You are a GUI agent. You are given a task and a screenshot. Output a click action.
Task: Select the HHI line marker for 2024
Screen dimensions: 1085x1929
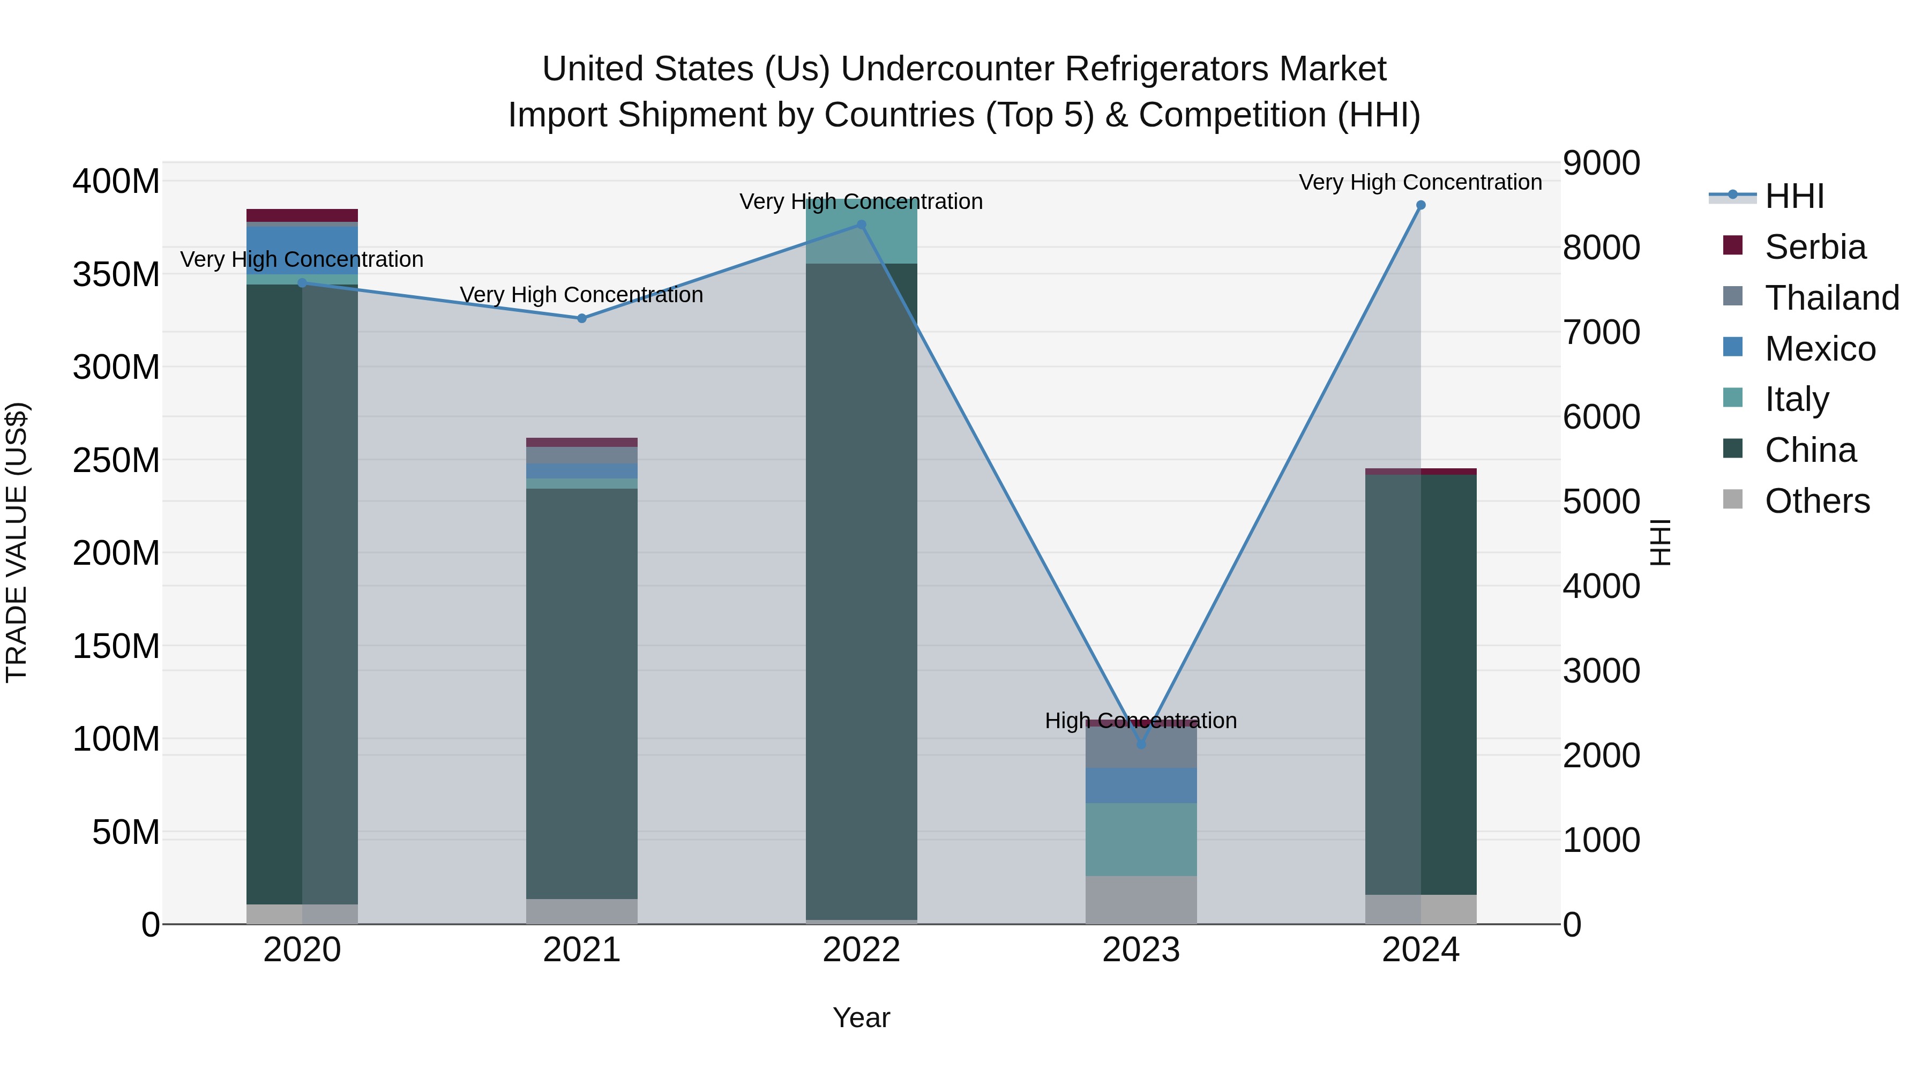coord(1420,205)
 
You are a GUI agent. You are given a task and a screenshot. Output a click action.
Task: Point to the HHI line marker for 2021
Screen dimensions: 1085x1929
coord(582,318)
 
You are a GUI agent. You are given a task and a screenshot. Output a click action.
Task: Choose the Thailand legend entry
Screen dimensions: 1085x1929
coord(1831,298)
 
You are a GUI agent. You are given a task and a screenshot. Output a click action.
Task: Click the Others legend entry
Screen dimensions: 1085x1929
coord(1816,501)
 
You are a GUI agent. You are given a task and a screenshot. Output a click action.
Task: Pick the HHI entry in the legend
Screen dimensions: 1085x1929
coord(1793,196)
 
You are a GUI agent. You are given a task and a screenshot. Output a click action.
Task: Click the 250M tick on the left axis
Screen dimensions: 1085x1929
coord(116,460)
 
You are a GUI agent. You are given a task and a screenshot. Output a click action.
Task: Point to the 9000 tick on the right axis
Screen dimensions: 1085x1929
coord(1601,163)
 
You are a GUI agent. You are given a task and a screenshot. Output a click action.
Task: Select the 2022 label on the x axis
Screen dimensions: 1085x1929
coord(861,950)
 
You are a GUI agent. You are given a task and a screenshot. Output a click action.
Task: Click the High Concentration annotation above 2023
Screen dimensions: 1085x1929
coord(1140,720)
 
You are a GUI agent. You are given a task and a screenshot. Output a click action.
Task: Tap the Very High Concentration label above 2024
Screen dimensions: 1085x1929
coord(1420,182)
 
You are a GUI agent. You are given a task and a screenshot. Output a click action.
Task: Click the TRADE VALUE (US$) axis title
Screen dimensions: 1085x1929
coord(17,542)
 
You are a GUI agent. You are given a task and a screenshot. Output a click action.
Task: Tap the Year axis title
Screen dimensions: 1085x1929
coord(861,1017)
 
